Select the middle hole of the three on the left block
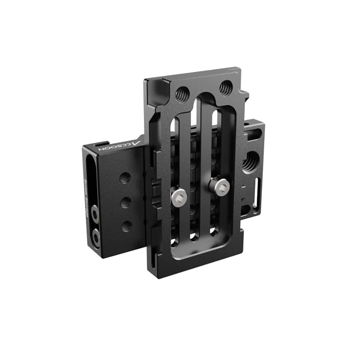pyautogui.click(x=125, y=201)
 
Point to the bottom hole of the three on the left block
pyautogui.click(x=126, y=226)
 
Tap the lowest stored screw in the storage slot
pyautogui.click(x=97, y=236)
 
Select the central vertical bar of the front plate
pyautogui.click(x=196, y=173)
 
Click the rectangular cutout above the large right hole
pyautogui.click(x=249, y=138)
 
